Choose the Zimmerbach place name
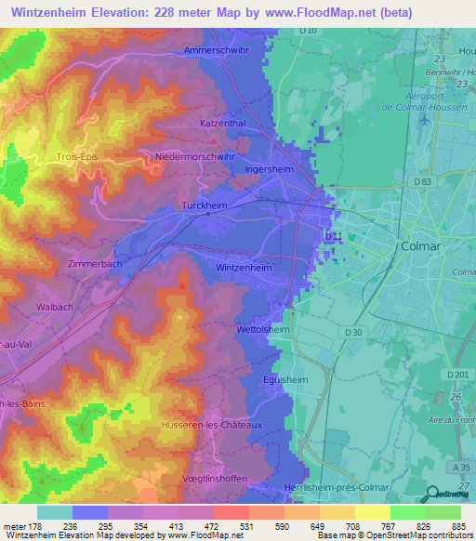point(95,264)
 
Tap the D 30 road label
point(351,332)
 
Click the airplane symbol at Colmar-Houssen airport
point(425,119)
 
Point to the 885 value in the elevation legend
point(457,525)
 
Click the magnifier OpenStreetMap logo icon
point(431,494)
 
